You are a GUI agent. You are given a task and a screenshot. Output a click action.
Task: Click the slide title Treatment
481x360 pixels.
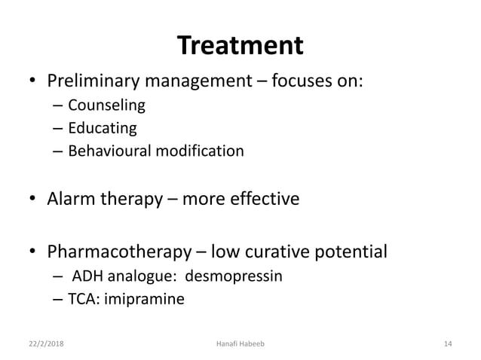240,47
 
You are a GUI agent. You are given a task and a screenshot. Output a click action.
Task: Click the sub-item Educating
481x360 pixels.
103,128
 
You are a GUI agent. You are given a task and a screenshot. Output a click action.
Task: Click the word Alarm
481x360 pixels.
69,200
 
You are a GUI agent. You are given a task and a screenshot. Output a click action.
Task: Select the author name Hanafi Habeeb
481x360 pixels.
240,344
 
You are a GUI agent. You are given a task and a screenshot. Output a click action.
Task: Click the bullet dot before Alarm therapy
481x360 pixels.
32,200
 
